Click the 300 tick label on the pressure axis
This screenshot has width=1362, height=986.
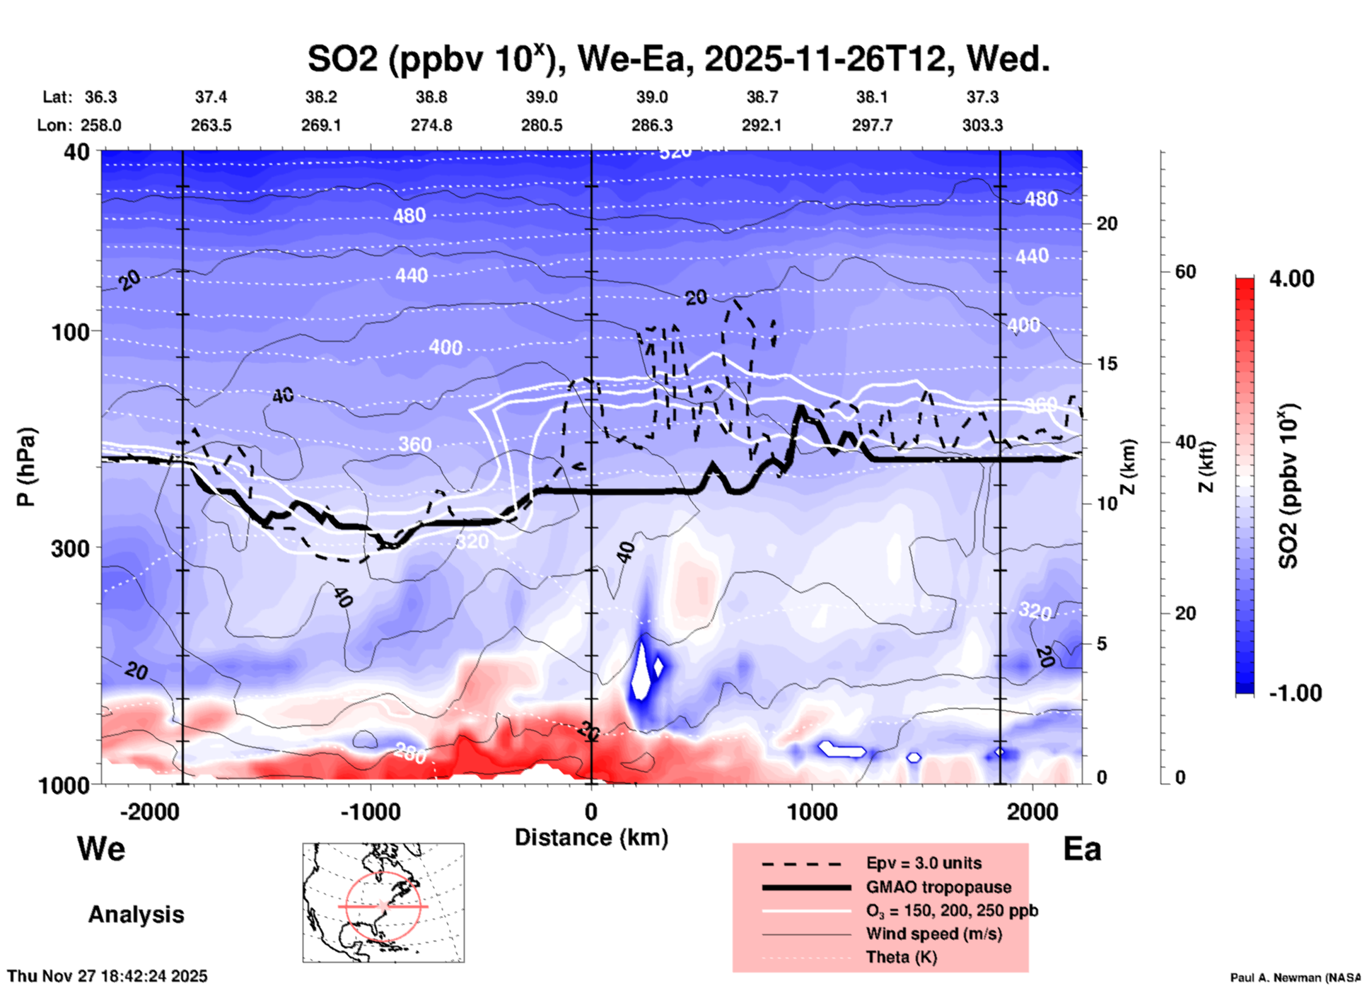tap(70, 548)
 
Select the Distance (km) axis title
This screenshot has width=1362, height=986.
tap(591, 837)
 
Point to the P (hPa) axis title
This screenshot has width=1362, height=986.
tap(26, 467)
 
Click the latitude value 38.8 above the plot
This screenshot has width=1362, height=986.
tap(431, 97)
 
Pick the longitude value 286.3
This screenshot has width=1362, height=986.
tap(652, 126)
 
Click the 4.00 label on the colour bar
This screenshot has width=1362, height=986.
tap(1291, 279)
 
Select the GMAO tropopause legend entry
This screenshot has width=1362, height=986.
tap(938, 887)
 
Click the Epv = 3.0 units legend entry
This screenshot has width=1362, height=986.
tap(924, 863)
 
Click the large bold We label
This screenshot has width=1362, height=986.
tap(101, 849)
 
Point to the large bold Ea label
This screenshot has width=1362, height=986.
tap(1082, 849)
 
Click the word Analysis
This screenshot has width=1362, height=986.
tap(136, 915)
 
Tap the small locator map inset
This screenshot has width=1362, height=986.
tap(383, 903)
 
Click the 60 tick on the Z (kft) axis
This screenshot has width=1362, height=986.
tap(1185, 272)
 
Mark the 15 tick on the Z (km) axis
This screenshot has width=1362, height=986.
tap(1107, 364)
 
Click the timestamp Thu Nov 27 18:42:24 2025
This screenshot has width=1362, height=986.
tap(107, 976)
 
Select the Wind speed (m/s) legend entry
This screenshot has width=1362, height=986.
tap(933, 934)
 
